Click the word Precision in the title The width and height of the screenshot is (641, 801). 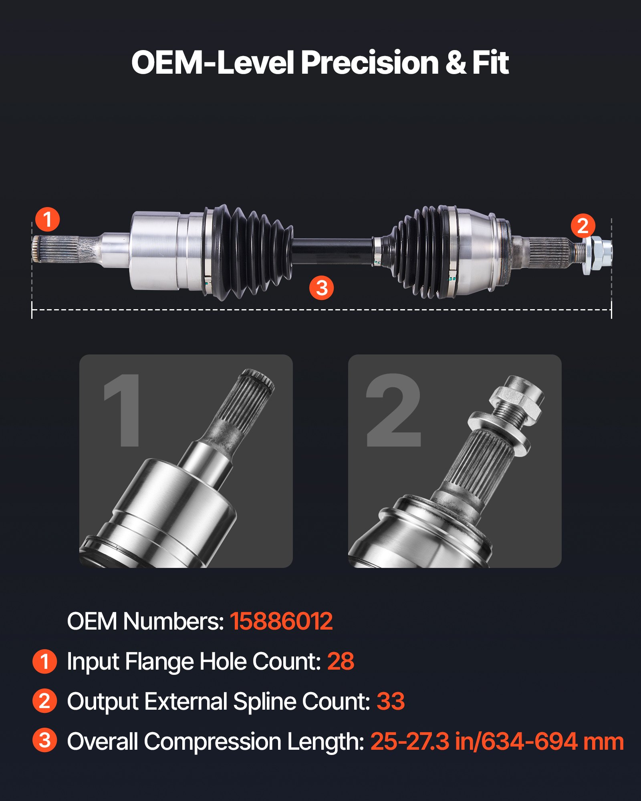[369, 63]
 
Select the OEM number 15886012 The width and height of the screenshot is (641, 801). [281, 621]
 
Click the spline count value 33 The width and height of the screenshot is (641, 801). [391, 701]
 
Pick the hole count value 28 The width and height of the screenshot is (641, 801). [341, 661]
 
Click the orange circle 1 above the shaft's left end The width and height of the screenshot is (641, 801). [47, 219]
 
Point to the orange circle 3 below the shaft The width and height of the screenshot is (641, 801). [321, 288]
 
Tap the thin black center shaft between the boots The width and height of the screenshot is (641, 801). [333, 250]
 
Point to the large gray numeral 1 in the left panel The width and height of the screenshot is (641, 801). [122, 411]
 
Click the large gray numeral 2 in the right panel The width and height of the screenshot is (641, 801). [393, 411]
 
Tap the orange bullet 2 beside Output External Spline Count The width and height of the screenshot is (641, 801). [44, 701]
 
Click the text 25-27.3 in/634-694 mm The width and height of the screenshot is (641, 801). [497, 741]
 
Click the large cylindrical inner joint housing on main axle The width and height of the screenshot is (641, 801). [156, 250]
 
